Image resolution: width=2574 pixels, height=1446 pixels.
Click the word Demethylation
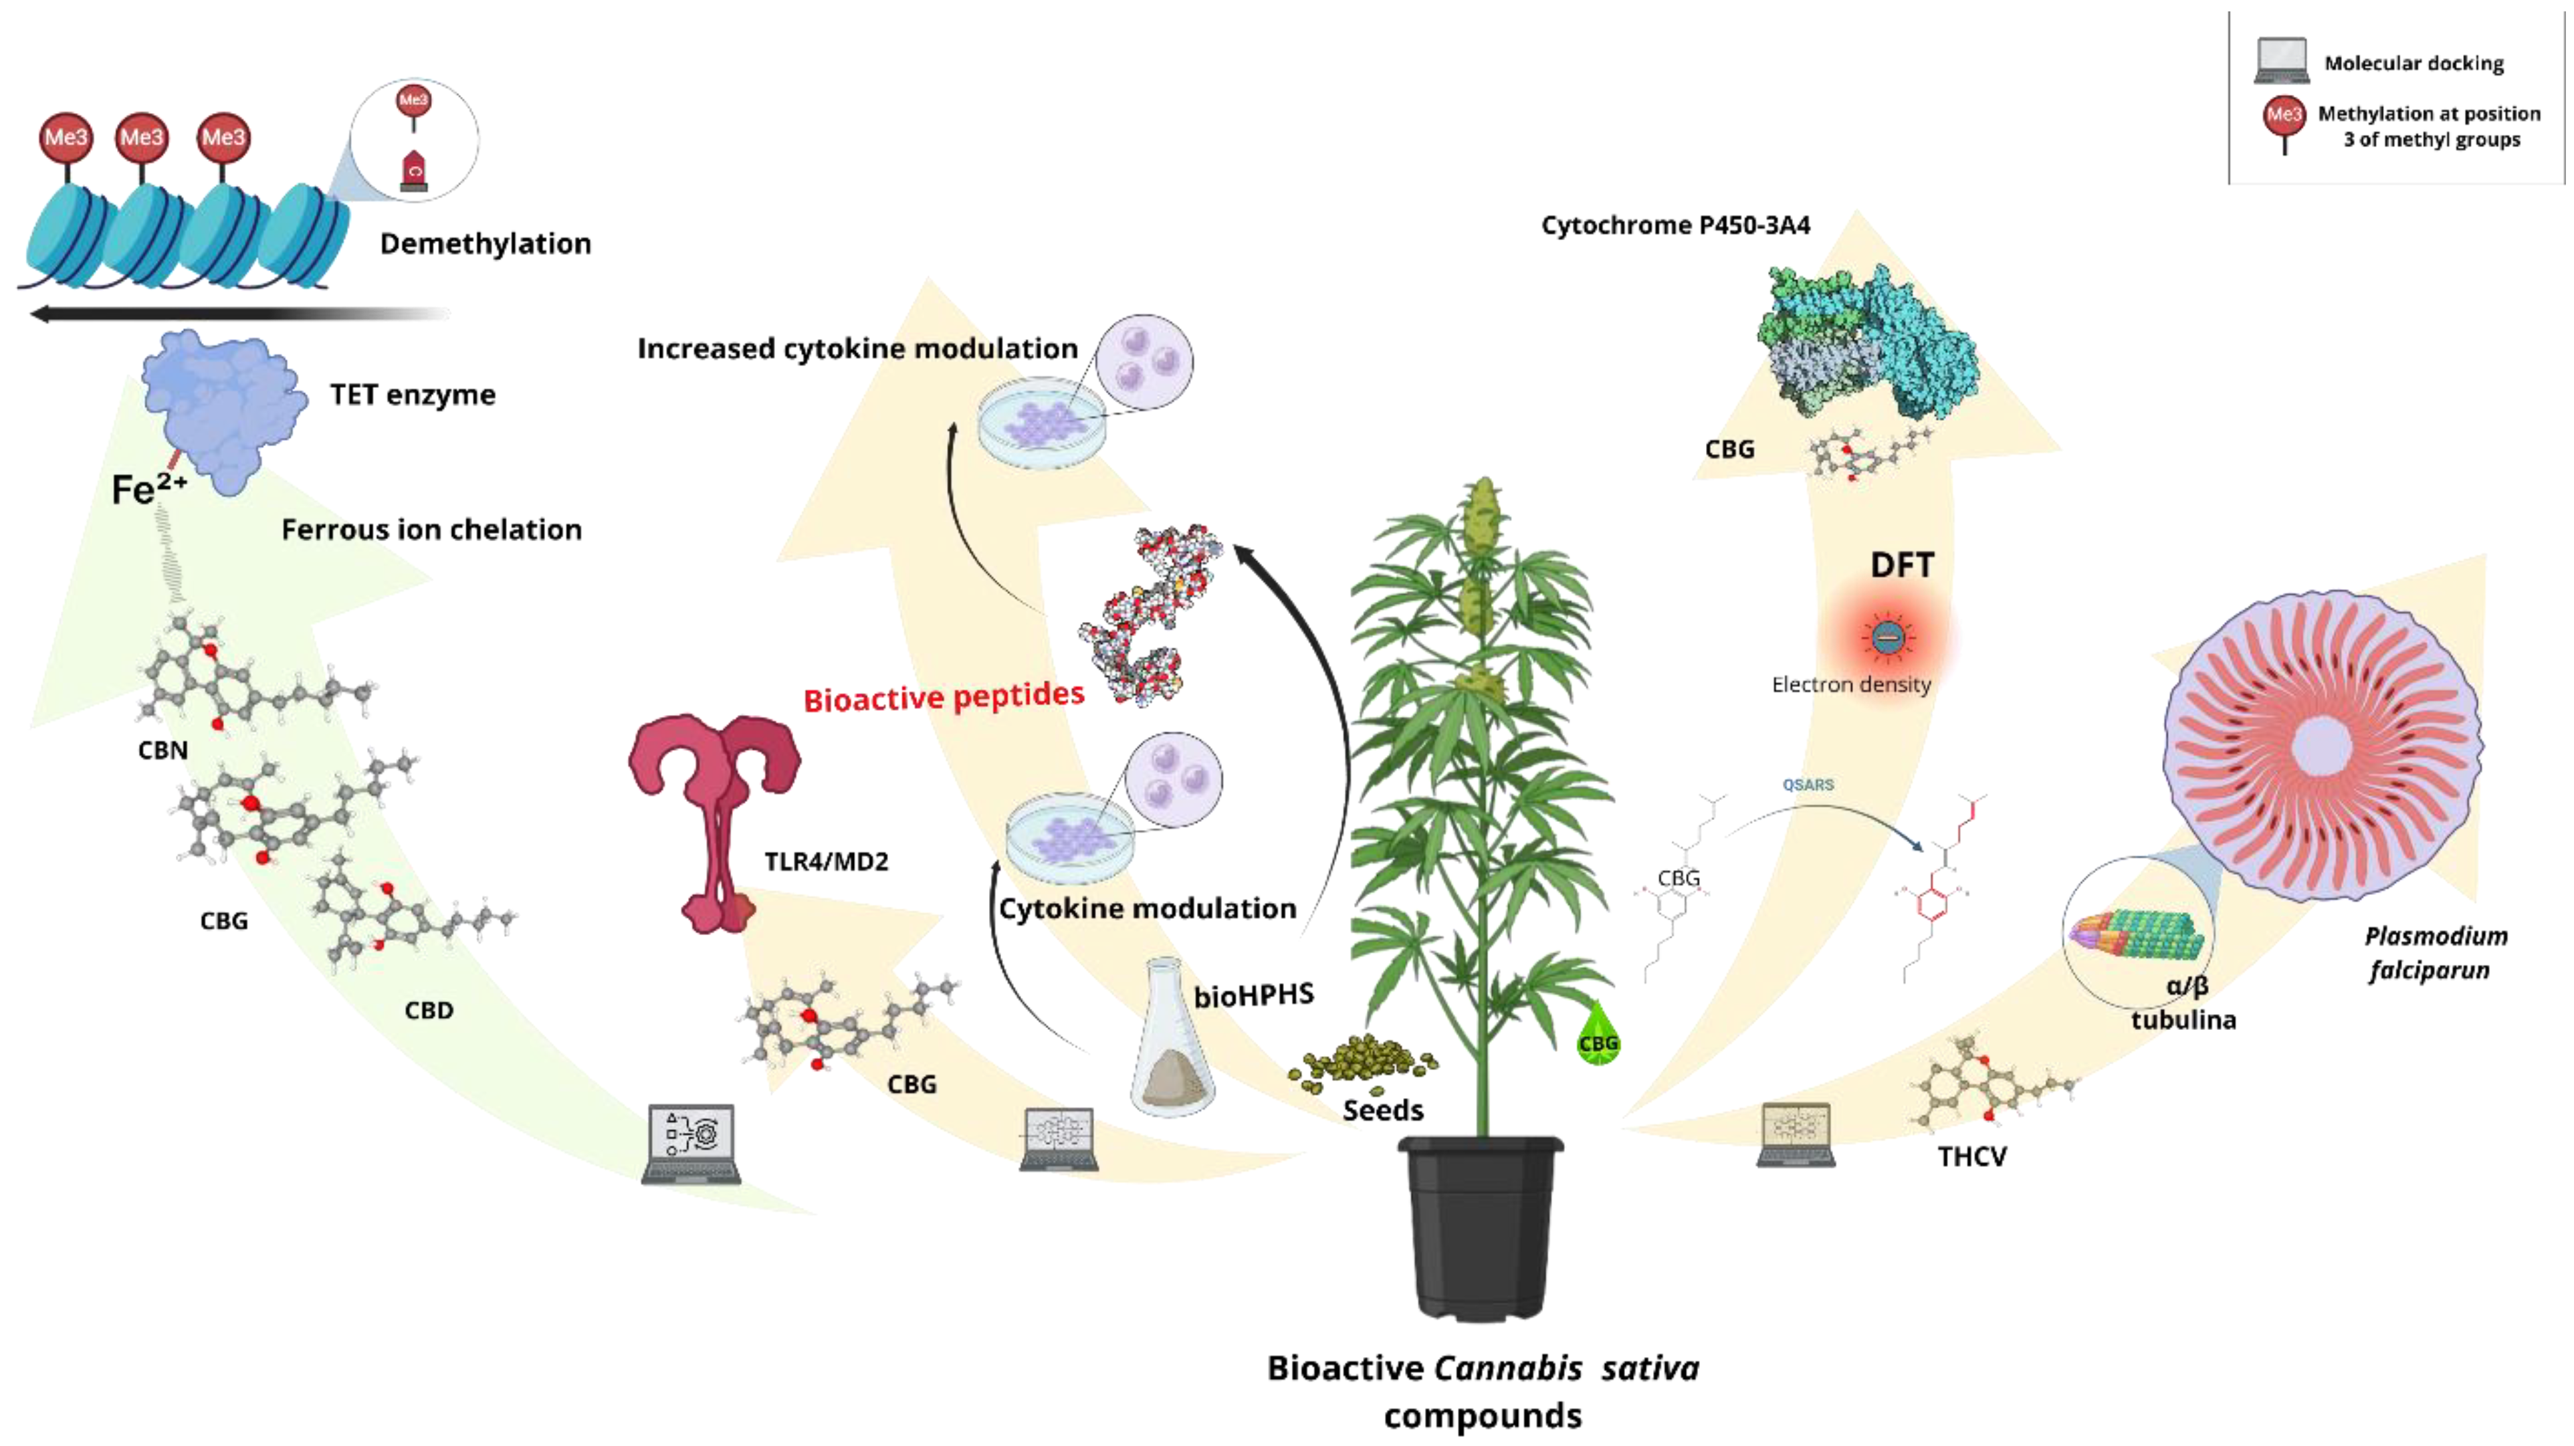485,244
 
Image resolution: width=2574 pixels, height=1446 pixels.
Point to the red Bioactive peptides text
944,696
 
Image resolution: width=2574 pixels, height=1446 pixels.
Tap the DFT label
1901,566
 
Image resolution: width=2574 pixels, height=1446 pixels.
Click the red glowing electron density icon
1887,637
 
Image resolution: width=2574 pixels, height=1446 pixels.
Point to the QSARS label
1808,785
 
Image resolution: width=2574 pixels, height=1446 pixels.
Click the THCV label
1971,1157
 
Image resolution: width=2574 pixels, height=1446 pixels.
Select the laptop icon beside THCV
1796,1134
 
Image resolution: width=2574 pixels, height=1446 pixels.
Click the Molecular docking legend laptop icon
2281,61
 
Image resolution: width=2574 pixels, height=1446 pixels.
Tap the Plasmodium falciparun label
2434,952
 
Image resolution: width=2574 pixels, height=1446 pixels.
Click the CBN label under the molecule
163,750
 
